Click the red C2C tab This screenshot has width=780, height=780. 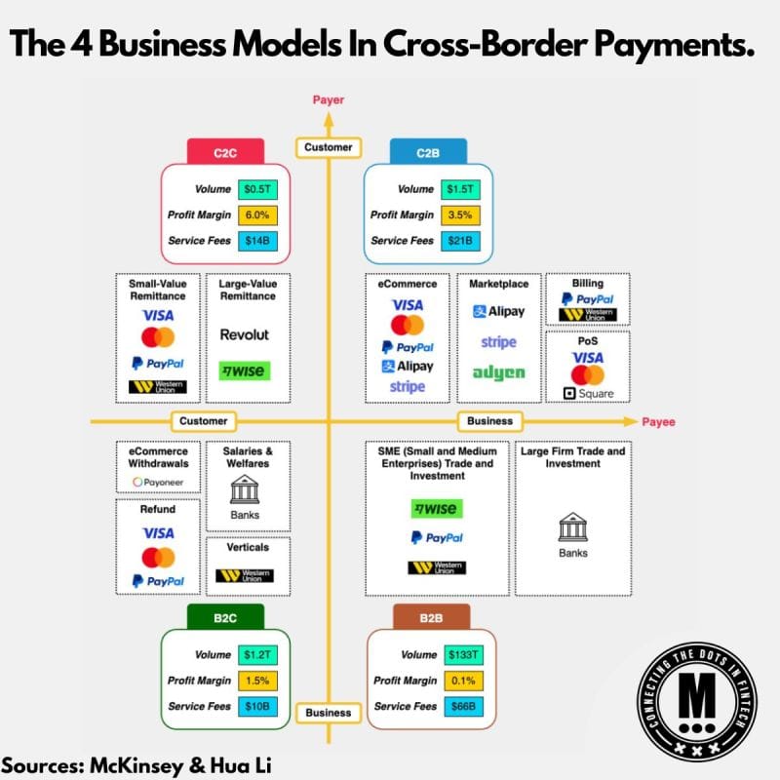tap(225, 152)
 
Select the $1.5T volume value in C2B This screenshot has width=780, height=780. tap(460, 189)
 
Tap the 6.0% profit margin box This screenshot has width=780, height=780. tap(257, 214)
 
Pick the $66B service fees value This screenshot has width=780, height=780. tap(463, 706)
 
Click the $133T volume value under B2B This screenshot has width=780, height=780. tap(463, 654)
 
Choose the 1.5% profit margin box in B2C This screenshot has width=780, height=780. tap(257, 681)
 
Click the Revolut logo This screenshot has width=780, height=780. tap(245, 334)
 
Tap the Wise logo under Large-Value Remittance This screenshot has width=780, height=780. tap(245, 370)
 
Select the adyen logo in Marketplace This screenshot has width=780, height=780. tap(498, 372)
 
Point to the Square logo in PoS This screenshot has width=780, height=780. tap(588, 394)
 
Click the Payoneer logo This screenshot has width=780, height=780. tap(158, 482)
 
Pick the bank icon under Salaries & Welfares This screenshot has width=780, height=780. tap(245, 489)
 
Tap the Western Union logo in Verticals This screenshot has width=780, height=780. tap(245, 575)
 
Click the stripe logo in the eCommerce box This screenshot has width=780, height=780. tap(408, 386)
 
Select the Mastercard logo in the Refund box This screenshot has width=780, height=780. tap(158, 557)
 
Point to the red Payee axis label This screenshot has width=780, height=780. tap(659, 422)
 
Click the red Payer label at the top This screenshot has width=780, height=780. tap(329, 100)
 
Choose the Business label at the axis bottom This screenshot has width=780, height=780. tap(329, 713)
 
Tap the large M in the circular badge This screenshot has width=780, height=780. tap(697, 696)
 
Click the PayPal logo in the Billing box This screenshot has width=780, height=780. tap(588, 299)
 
